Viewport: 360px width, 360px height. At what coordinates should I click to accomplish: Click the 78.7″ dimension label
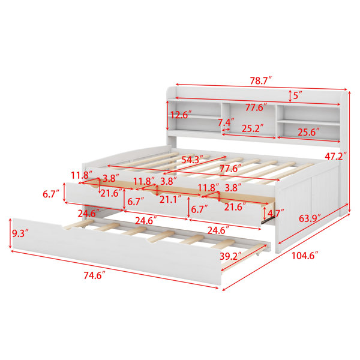260,81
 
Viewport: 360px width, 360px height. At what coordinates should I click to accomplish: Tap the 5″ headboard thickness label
298,95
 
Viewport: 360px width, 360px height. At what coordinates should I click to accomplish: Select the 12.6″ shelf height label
181,115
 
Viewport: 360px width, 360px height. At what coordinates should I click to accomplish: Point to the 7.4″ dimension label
226,122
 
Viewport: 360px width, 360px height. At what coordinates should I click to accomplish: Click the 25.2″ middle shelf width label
253,128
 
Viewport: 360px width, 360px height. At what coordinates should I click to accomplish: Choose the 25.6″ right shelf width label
309,132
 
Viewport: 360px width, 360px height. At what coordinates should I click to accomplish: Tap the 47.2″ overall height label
335,157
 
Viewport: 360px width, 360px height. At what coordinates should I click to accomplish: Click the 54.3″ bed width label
193,160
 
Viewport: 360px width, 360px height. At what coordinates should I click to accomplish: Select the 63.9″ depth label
310,218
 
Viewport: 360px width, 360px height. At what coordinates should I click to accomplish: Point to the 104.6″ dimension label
305,256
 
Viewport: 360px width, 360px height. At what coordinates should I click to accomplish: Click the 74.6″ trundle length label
94,275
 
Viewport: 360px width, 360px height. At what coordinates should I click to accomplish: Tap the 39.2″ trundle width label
231,256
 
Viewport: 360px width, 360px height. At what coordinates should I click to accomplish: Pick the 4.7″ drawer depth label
276,213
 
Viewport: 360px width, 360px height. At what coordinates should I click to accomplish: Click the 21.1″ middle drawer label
170,200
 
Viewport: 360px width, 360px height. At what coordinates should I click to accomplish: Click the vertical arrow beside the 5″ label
290,96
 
